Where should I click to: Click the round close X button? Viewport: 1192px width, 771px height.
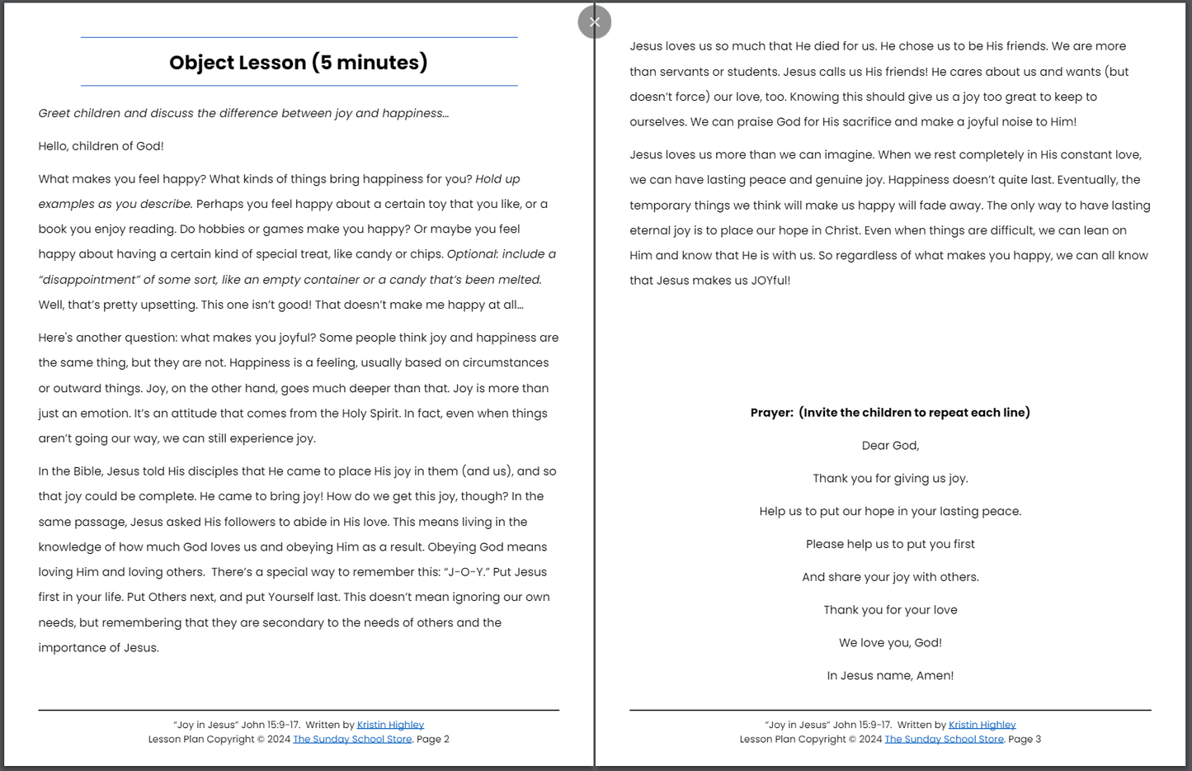point(594,22)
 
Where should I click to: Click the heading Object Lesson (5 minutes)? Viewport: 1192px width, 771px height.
point(299,63)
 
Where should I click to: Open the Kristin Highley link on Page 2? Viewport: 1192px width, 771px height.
point(390,725)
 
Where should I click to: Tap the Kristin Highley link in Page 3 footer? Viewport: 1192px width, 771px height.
point(982,725)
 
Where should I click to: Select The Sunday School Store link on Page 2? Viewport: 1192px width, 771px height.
point(352,740)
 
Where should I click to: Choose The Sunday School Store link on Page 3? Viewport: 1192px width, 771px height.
point(944,740)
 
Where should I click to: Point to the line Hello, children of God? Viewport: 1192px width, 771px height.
point(101,146)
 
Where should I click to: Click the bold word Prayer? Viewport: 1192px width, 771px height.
point(771,413)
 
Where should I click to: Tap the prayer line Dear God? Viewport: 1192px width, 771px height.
point(890,446)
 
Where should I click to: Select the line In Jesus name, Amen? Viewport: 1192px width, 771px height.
point(890,676)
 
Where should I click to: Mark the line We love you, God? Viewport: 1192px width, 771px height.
point(890,643)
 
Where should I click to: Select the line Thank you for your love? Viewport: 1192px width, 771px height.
point(890,610)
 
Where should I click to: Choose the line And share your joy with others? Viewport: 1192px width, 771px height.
point(890,577)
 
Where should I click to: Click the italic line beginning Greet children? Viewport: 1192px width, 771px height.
point(243,113)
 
